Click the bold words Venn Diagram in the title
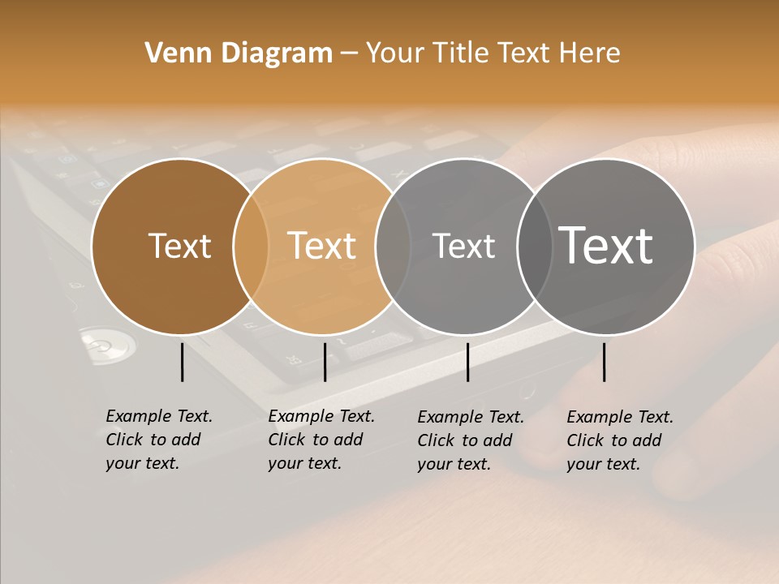(x=239, y=54)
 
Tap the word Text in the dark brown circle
(x=179, y=246)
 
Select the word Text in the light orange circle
(x=322, y=246)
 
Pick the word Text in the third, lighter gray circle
(x=463, y=246)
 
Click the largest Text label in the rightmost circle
(x=606, y=245)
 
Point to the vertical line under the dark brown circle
(x=182, y=362)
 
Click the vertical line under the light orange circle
(x=325, y=362)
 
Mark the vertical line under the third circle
(x=467, y=362)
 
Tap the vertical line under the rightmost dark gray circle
(x=604, y=362)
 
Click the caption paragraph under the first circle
(x=158, y=440)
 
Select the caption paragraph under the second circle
(x=321, y=440)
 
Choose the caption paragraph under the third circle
(x=470, y=440)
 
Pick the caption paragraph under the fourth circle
(x=619, y=440)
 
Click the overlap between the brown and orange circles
(x=251, y=246)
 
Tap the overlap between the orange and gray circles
(x=393, y=246)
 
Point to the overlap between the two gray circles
(x=532, y=246)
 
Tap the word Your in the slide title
(x=395, y=54)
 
